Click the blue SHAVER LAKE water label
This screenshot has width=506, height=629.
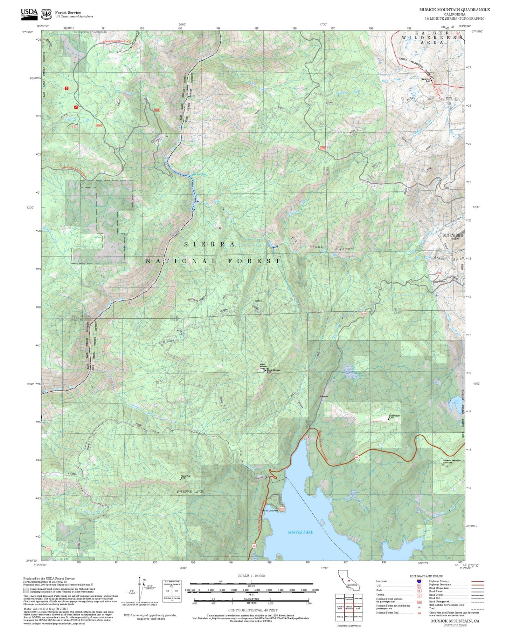coord(300,532)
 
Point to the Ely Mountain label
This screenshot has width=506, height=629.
coord(394,416)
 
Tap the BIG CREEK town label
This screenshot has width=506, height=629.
coord(452,235)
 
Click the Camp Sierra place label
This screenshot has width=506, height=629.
coord(439,282)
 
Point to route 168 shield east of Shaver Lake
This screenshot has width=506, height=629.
coord(357,457)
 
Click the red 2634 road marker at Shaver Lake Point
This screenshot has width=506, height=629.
coord(281,509)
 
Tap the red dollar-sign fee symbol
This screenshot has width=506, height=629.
coord(67,88)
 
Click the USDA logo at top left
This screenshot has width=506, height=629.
coord(29,13)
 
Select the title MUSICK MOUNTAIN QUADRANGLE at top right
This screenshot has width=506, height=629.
coord(455,10)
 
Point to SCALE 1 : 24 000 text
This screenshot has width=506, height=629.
coord(251,576)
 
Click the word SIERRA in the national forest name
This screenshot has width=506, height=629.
coord(209,244)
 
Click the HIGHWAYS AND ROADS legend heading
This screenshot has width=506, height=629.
coord(426,576)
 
